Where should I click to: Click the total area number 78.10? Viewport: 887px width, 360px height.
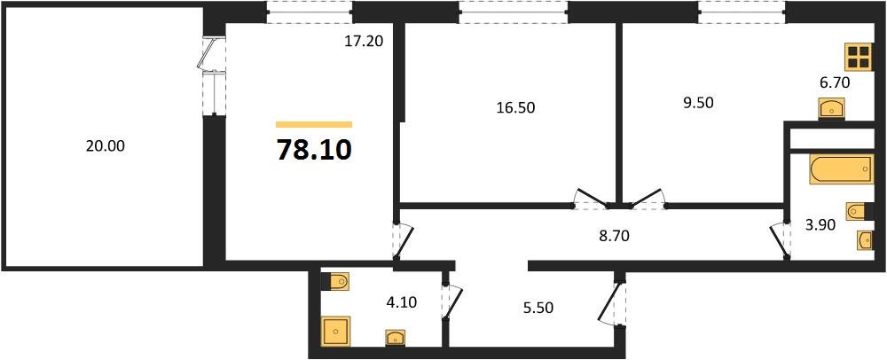[314, 150]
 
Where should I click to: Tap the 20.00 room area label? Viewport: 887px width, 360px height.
[105, 147]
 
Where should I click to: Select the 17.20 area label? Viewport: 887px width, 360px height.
[363, 40]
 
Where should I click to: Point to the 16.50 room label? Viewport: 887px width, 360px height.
[515, 107]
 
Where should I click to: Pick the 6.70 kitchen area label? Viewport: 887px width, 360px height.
[836, 82]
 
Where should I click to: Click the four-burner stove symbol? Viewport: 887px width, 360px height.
[858, 58]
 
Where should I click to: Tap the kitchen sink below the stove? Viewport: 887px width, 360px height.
[831, 108]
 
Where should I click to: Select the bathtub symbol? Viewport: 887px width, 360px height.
[843, 168]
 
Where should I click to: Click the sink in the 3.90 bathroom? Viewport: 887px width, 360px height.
[865, 239]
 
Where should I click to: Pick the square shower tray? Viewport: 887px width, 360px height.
[335, 332]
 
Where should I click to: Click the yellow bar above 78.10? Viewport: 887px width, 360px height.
[314, 125]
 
